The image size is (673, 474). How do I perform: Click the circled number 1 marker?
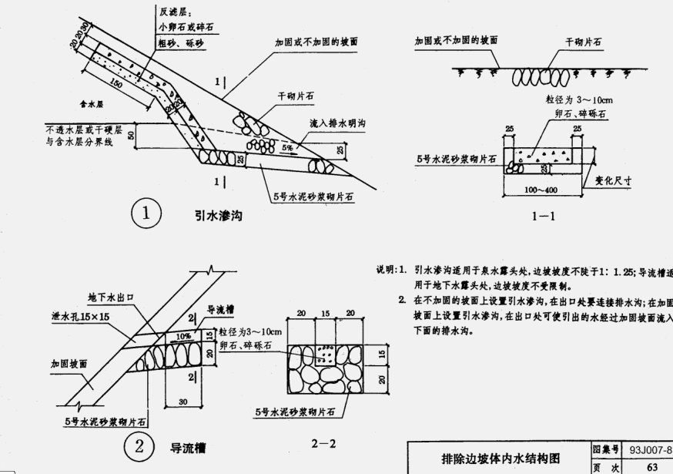[145, 213]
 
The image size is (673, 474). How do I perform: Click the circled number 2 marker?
[139, 445]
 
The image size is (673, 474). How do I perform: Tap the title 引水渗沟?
[218, 215]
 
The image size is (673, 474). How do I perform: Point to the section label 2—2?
[324, 445]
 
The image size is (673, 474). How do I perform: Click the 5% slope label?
[288, 146]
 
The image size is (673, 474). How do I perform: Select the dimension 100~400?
[541, 189]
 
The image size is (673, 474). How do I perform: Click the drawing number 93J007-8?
[650, 449]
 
